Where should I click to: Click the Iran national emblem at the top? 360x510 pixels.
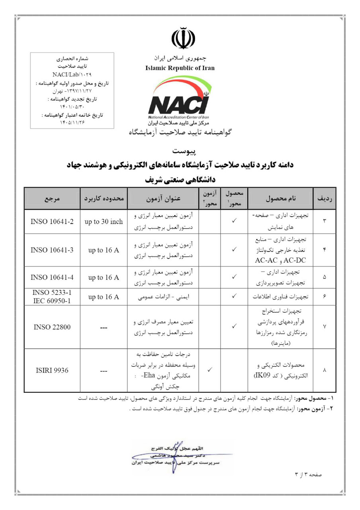coord(183,37)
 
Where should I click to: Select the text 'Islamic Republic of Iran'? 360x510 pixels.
coord(180,68)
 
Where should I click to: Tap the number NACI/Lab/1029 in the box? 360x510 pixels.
coord(72,75)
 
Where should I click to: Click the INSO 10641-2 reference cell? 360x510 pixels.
coord(52,222)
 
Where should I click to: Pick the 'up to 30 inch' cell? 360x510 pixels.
coord(104,222)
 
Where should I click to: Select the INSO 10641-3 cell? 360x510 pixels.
coord(52,250)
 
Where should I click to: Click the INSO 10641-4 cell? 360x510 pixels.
coord(52,278)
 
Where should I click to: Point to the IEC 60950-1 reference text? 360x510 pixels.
coord(52,300)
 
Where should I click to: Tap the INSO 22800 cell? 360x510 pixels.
coord(52,328)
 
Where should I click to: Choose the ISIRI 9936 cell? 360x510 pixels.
coord(52,371)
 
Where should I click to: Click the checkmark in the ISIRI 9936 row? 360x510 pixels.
coord(209,370)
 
